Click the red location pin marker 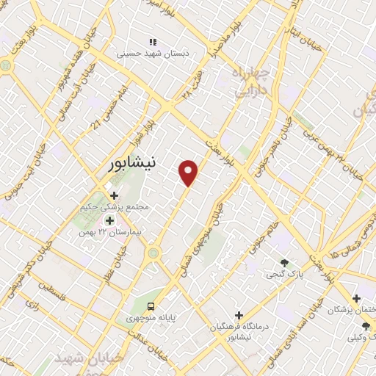189,172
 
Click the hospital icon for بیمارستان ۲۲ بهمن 109,220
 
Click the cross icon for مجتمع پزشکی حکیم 114,195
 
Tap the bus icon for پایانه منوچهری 151,305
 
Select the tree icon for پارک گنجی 284,263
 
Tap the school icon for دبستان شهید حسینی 153,42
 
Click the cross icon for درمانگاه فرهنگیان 239,315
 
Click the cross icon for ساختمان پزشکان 356,298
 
